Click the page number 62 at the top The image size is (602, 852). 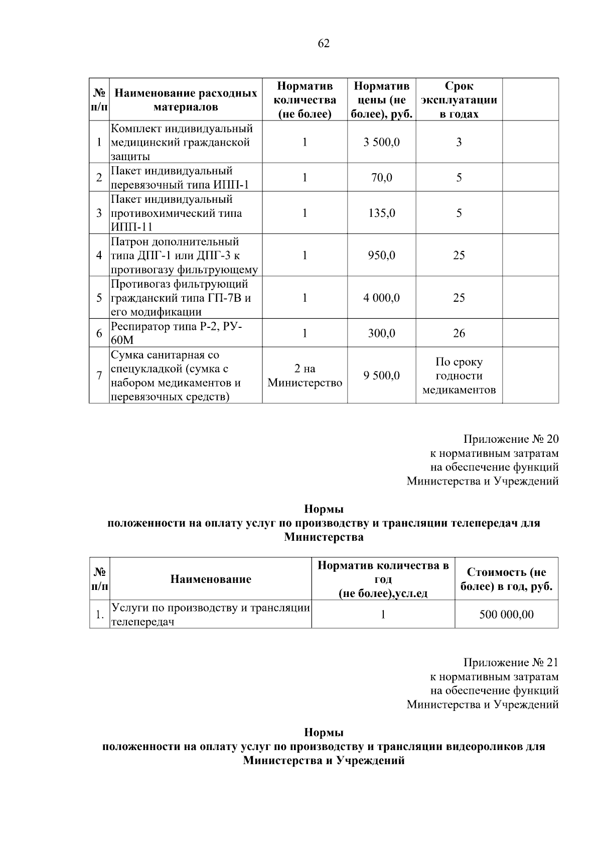(324, 44)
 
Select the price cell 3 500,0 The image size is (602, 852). (381, 142)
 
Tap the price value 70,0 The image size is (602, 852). (381, 177)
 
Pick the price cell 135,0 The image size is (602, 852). (381, 213)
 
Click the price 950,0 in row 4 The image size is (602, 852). (381, 255)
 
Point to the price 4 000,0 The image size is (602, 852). (381, 298)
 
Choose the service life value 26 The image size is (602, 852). (459, 333)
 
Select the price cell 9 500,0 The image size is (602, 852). (381, 375)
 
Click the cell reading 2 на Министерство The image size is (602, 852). (305, 376)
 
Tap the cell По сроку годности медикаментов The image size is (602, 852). (459, 376)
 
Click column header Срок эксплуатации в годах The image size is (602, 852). (459, 99)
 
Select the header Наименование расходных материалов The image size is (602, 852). (186, 99)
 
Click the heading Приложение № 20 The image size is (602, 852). (510, 439)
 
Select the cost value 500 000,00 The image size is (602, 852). (506, 614)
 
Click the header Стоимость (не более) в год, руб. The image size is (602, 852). (506, 579)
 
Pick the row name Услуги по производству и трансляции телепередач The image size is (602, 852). (210, 615)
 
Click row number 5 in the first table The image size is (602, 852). (99, 298)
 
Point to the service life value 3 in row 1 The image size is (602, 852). (459, 142)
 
